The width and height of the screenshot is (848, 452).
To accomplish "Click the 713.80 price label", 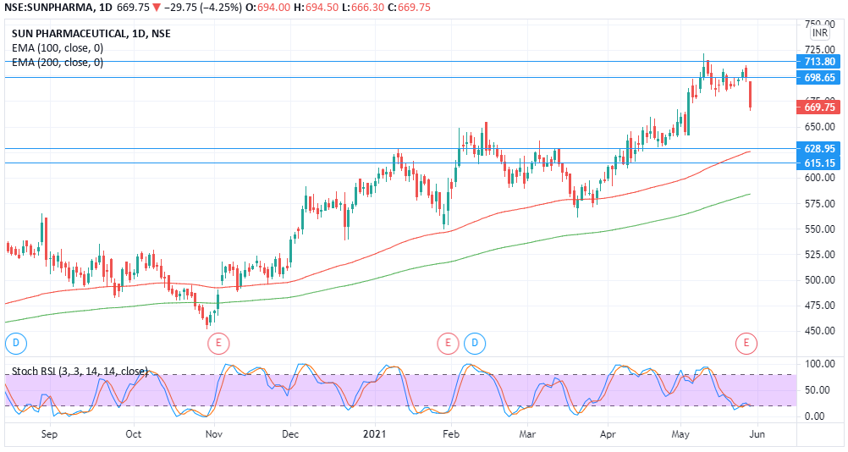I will (x=819, y=62).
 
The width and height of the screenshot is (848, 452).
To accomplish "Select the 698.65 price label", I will (x=819, y=78).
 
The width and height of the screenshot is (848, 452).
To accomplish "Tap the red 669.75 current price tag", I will (x=819, y=107).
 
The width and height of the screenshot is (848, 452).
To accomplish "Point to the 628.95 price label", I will (x=819, y=148).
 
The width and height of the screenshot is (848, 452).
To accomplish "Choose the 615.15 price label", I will (x=819, y=163).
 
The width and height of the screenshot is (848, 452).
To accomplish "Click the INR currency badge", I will (x=819, y=33).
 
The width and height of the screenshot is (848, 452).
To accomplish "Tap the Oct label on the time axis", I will (x=133, y=434).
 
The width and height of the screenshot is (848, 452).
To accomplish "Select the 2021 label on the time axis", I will (x=373, y=434).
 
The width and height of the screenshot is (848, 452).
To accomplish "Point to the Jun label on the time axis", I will (x=757, y=434).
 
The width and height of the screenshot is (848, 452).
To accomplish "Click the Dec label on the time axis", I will (x=289, y=434).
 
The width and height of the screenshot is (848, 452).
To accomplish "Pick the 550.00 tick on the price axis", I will (x=819, y=229).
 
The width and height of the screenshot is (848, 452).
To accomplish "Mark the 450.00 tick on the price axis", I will (x=819, y=331).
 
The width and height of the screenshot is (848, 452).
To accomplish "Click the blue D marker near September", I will (x=15, y=343).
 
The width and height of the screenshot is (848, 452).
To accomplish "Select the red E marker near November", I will (x=218, y=343).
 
